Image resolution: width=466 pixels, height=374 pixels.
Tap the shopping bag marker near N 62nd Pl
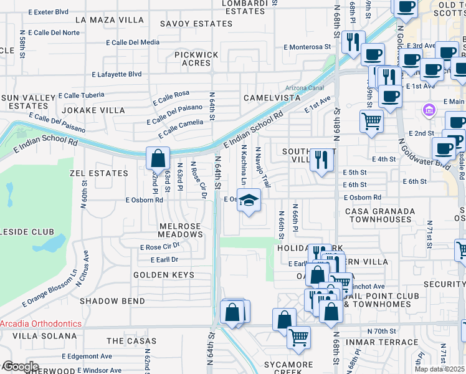(x=158, y=158)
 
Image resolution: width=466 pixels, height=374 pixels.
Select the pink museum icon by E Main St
(x=428, y=112)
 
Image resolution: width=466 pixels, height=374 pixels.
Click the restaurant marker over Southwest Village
(x=321, y=160)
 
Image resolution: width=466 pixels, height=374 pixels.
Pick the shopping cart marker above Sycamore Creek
(x=299, y=337)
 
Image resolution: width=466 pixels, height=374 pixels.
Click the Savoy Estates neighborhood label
(x=196, y=24)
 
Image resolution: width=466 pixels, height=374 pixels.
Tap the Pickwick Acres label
(x=196, y=59)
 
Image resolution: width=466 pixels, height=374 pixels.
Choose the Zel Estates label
(x=99, y=173)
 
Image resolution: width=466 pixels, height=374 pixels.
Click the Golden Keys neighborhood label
(x=160, y=274)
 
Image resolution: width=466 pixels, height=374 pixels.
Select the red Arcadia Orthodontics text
(x=41, y=324)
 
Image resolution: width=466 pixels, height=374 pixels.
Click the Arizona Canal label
(x=304, y=87)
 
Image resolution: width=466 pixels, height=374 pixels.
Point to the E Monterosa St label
(x=307, y=47)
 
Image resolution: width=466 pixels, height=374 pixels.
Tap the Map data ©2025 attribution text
(x=440, y=369)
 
